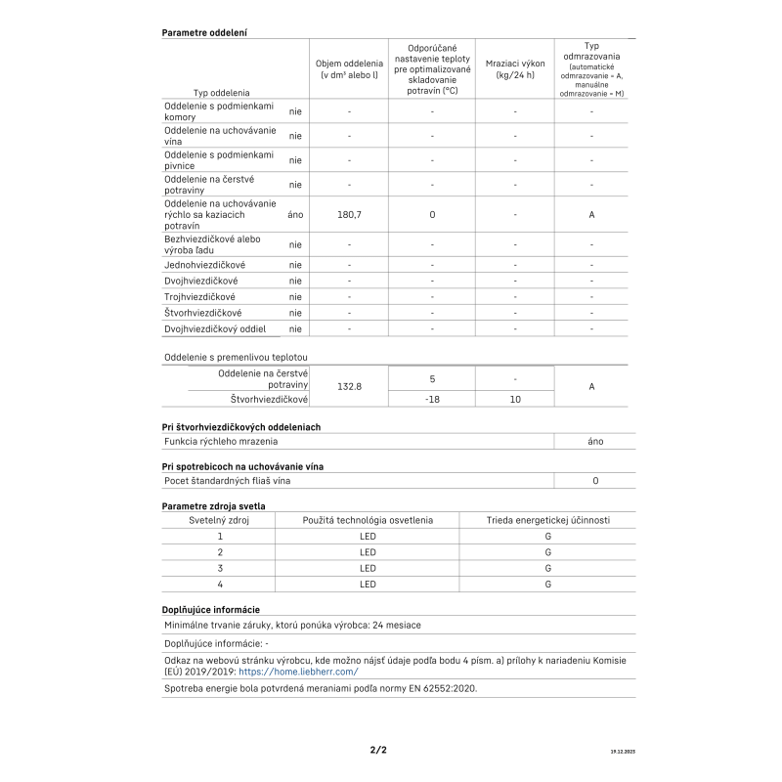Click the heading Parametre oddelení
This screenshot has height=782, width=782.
(x=204, y=32)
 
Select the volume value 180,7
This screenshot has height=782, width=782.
(x=349, y=214)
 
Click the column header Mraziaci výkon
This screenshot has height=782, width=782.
(x=515, y=68)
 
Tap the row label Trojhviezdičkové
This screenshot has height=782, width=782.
(x=200, y=296)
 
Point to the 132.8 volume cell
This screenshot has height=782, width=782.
(x=349, y=387)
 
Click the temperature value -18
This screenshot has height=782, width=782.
(x=432, y=399)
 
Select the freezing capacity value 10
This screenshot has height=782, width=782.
(x=515, y=399)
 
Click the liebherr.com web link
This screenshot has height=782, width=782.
(x=298, y=672)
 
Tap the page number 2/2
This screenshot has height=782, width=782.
(x=378, y=751)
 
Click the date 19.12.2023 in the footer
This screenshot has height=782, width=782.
(x=622, y=752)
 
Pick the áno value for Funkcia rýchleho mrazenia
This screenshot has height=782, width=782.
(x=595, y=441)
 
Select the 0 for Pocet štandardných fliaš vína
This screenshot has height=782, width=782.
(x=595, y=481)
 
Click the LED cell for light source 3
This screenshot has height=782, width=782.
(x=368, y=568)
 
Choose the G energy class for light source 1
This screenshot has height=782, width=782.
(x=548, y=536)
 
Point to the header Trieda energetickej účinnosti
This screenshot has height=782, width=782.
(x=548, y=520)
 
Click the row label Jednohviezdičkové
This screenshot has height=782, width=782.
(x=205, y=265)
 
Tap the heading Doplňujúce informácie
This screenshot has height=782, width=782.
(x=210, y=609)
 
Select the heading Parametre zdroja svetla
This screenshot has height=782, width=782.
(x=213, y=505)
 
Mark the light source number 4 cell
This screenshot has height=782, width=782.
(x=220, y=584)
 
